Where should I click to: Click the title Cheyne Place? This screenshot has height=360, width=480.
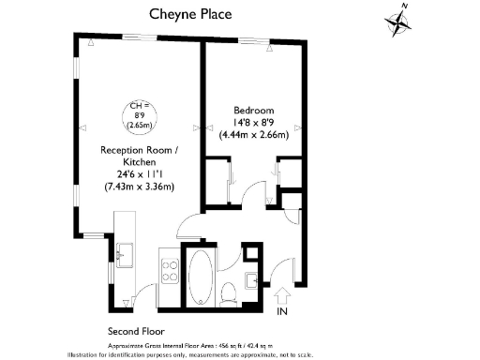point(191,14)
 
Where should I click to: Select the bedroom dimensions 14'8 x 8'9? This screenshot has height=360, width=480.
point(253,122)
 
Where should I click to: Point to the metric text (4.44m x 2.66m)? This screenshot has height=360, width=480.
point(253,135)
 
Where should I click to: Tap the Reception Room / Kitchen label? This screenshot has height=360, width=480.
point(139,156)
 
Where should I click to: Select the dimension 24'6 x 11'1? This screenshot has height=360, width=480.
point(139,174)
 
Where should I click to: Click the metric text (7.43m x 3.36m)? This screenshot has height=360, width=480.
point(139,187)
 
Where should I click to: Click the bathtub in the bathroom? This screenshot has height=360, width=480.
point(201,277)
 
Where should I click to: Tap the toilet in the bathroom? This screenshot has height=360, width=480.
point(229,294)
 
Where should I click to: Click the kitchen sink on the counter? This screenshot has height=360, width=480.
point(124,251)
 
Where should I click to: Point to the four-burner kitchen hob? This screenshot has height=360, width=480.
point(171,272)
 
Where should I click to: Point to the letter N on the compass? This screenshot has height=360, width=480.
point(404,7)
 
